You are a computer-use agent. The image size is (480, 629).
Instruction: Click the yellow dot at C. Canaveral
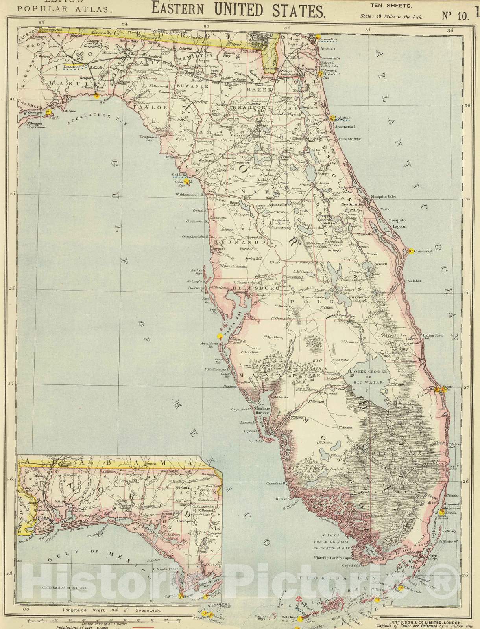pyautogui.click(x=411, y=251)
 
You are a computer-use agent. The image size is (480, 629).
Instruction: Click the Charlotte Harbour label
pyautogui.click(x=259, y=410)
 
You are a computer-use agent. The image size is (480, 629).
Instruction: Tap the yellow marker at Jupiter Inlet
pyautogui.click(x=437, y=389)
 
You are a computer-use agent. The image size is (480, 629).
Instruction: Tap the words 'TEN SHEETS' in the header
pyautogui.click(x=385, y=6)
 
